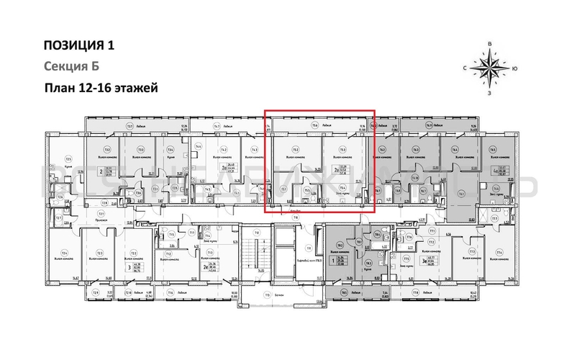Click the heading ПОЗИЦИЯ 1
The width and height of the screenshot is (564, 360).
[x=78, y=45]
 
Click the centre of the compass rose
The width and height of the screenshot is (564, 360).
[x=489, y=70]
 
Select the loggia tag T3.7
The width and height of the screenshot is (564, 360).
[x=130, y=125]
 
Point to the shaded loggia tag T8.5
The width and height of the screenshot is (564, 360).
[x=344, y=293]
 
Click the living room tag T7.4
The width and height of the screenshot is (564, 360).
[x=499, y=253]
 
